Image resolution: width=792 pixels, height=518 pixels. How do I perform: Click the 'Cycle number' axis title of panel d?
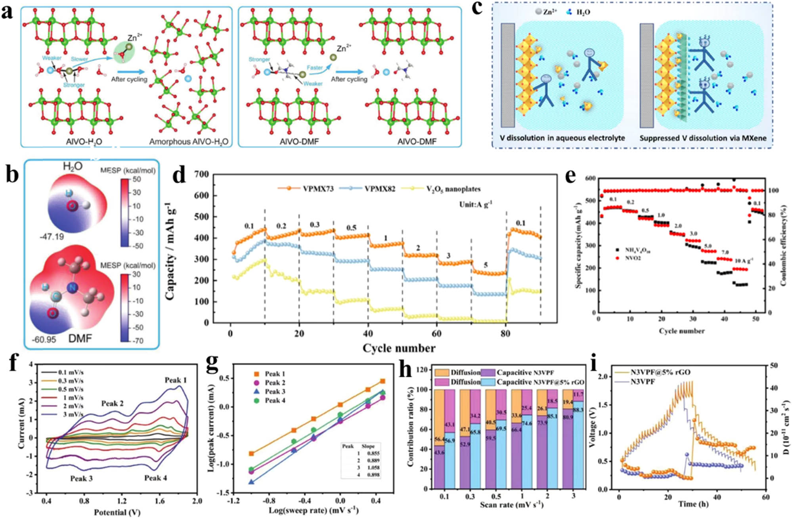pos(398,348)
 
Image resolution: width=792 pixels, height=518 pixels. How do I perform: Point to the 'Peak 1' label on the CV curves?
pos(176,380)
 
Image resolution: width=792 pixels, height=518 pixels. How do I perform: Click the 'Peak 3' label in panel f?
pos(81,478)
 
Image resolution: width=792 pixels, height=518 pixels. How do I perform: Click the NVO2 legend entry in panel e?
pos(633,258)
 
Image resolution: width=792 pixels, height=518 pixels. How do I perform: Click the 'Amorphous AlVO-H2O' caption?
pos(189,141)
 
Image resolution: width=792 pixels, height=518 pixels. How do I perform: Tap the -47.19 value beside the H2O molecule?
pos(52,237)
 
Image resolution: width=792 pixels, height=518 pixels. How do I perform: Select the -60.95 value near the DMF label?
pos(44,339)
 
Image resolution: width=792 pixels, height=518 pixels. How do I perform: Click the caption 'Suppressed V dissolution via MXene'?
pos(703,138)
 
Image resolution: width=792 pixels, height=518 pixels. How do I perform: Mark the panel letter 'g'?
pos(212,365)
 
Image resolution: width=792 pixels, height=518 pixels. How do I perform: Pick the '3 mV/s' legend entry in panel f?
pos(71,414)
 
